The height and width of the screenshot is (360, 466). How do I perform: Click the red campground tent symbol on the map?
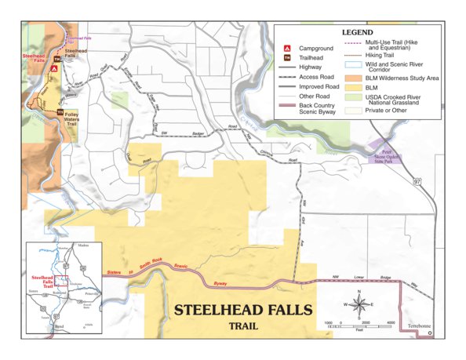[54, 68]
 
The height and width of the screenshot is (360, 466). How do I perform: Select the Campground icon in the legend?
[287, 49]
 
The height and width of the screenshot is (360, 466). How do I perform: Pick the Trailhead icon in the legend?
[287, 58]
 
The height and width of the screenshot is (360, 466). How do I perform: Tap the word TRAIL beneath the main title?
[245, 325]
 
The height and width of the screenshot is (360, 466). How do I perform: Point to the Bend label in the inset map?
[59, 323]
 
